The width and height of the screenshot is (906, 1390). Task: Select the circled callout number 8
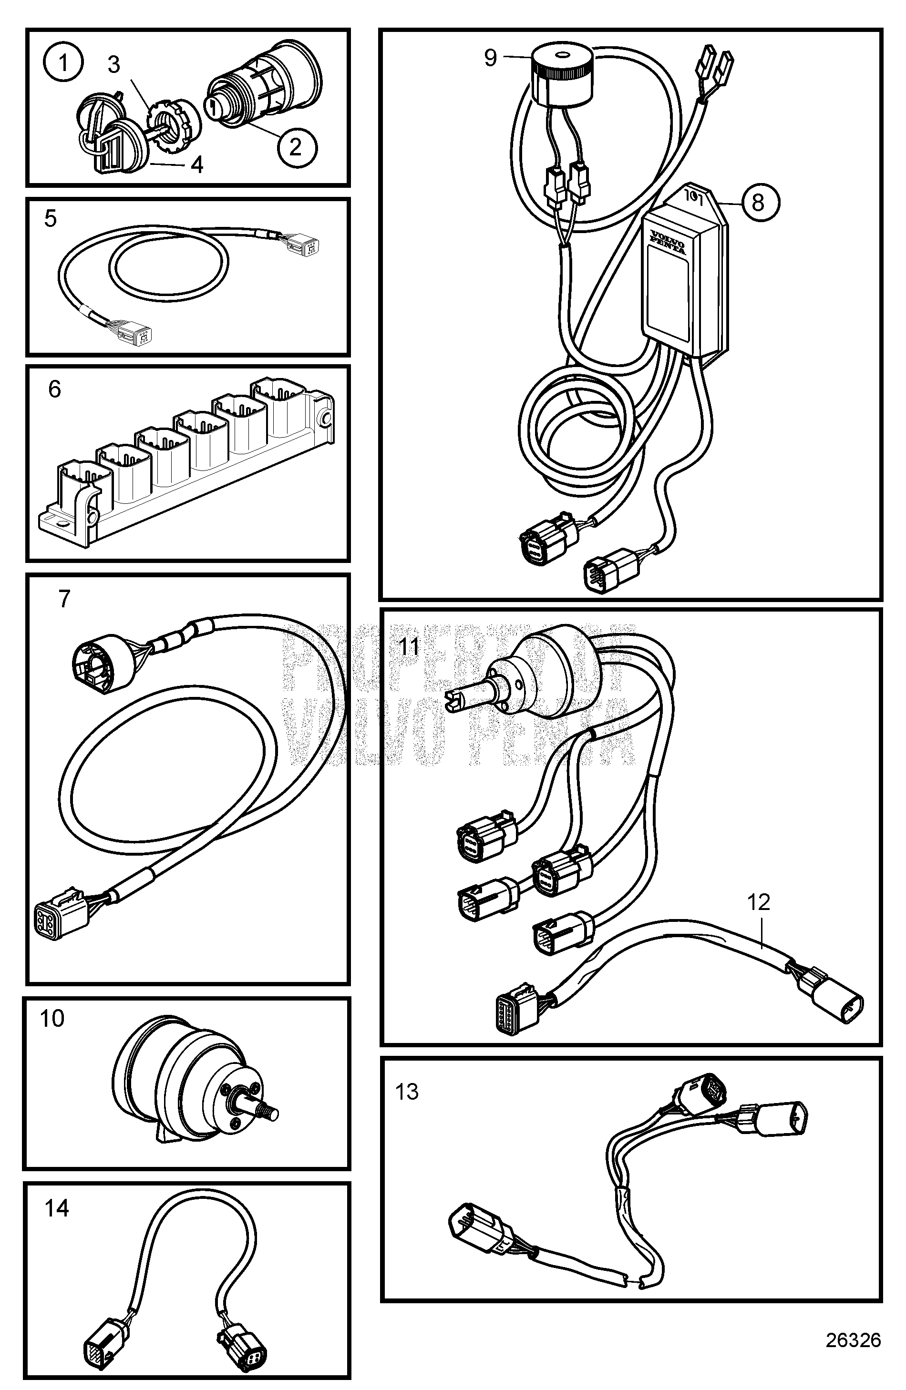[x=758, y=202]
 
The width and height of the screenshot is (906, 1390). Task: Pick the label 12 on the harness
[x=759, y=902]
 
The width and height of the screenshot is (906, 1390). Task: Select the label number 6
[x=54, y=389]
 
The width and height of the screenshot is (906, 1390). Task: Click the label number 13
[x=407, y=1092]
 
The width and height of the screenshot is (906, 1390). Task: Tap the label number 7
[x=64, y=599]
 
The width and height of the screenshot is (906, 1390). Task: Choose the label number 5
[x=51, y=219]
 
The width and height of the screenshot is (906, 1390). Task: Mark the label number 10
[x=52, y=1019]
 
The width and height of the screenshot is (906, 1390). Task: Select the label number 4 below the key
[x=197, y=165]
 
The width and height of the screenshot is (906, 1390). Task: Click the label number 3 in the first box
[x=114, y=65]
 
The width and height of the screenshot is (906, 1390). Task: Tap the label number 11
[x=410, y=647]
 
